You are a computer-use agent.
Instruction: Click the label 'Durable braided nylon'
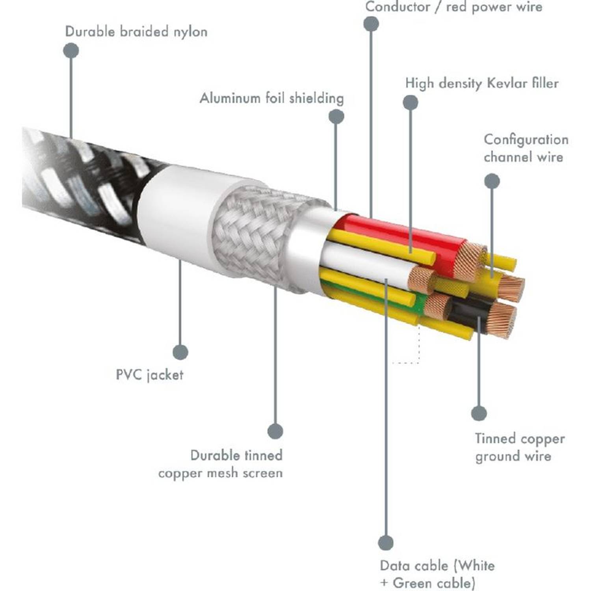pos(136,32)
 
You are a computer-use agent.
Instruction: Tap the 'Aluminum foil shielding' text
pos(271,98)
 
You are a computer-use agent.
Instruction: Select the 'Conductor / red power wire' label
pos(453,7)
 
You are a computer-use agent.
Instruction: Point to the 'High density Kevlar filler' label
pos(481,83)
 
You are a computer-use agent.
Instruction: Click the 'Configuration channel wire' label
pos(526,148)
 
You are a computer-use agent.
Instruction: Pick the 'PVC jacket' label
pos(149,374)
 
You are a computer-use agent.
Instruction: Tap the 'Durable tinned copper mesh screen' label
pos(221,464)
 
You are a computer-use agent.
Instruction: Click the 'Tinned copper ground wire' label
pos(519,447)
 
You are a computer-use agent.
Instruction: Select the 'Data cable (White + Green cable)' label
pos(437,574)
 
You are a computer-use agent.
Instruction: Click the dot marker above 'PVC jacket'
pos(180,352)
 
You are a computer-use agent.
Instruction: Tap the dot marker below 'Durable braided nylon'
pos(71,50)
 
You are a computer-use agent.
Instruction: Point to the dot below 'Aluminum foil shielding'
pos(336,116)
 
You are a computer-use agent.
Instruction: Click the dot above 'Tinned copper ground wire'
pos(479,413)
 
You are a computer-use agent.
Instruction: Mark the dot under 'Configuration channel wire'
pos(492,181)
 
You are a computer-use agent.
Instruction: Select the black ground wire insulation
pos(469,311)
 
